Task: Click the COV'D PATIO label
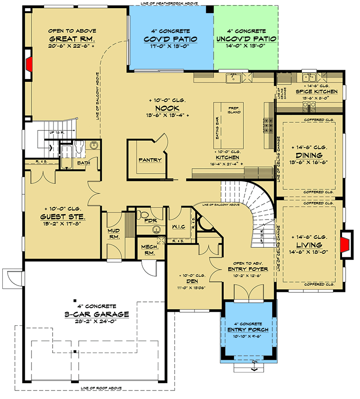tap(171, 39)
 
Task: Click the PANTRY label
tap(150, 160)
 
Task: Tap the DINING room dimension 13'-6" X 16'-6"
tap(309, 162)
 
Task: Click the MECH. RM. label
tap(147, 250)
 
